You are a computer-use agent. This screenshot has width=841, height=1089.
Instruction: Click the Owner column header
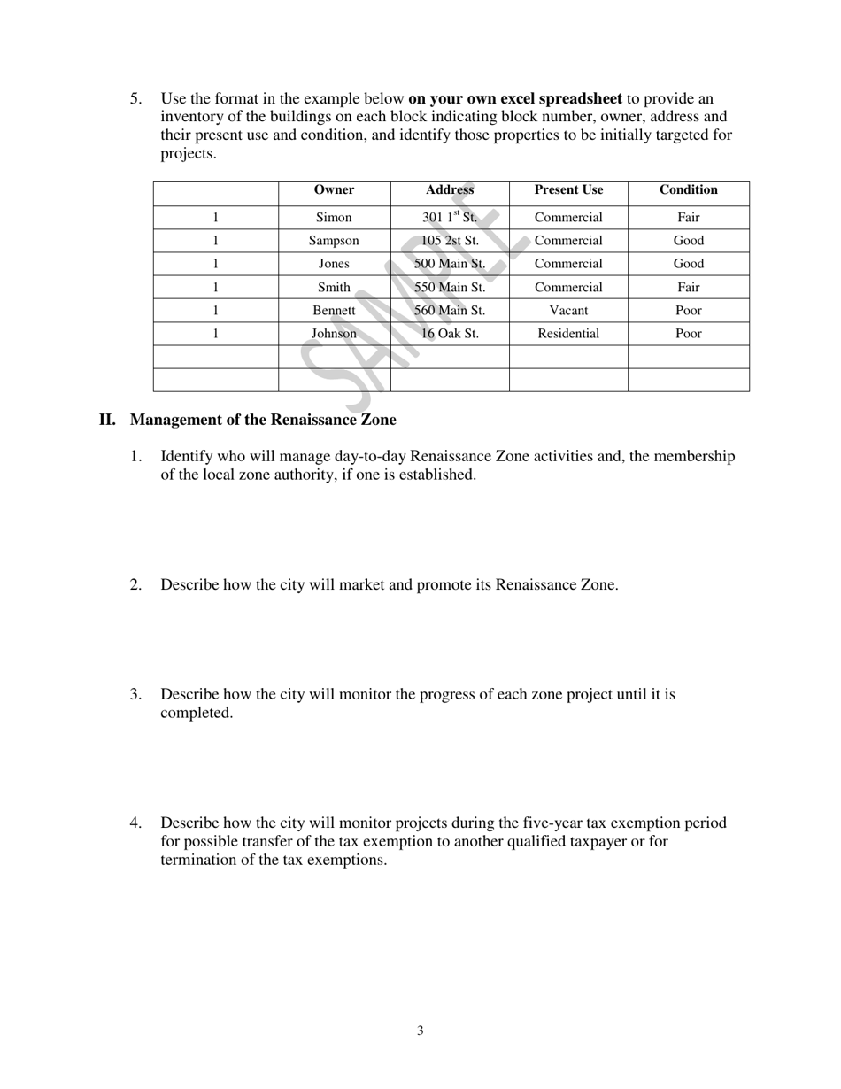pos(334,190)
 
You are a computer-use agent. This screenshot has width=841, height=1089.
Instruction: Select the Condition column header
pos(688,190)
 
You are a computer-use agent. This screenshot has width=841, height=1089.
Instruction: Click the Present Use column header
pos(568,190)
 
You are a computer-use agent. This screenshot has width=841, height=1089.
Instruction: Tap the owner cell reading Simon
pos(334,218)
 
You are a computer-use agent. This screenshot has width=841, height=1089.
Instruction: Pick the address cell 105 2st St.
pos(450,241)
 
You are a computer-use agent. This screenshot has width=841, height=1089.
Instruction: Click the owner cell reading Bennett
pos(334,311)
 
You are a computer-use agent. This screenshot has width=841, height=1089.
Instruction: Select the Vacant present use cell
pos(568,311)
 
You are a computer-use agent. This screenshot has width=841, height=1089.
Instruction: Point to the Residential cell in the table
pos(568,334)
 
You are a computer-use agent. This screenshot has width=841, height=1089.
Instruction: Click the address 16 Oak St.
pos(450,334)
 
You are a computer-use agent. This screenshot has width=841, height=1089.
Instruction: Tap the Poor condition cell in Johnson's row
pos(688,334)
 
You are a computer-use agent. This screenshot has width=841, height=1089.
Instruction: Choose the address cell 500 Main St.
pos(450,264)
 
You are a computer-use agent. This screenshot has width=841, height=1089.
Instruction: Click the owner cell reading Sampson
pos(334,241)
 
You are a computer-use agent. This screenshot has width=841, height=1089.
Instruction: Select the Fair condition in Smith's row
pos(688,288)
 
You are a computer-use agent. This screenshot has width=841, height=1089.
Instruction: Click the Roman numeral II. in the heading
pos(107,420)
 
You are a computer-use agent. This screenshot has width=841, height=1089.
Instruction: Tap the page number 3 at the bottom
pos(420,1031)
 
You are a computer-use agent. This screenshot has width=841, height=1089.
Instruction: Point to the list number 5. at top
pos(135,98)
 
